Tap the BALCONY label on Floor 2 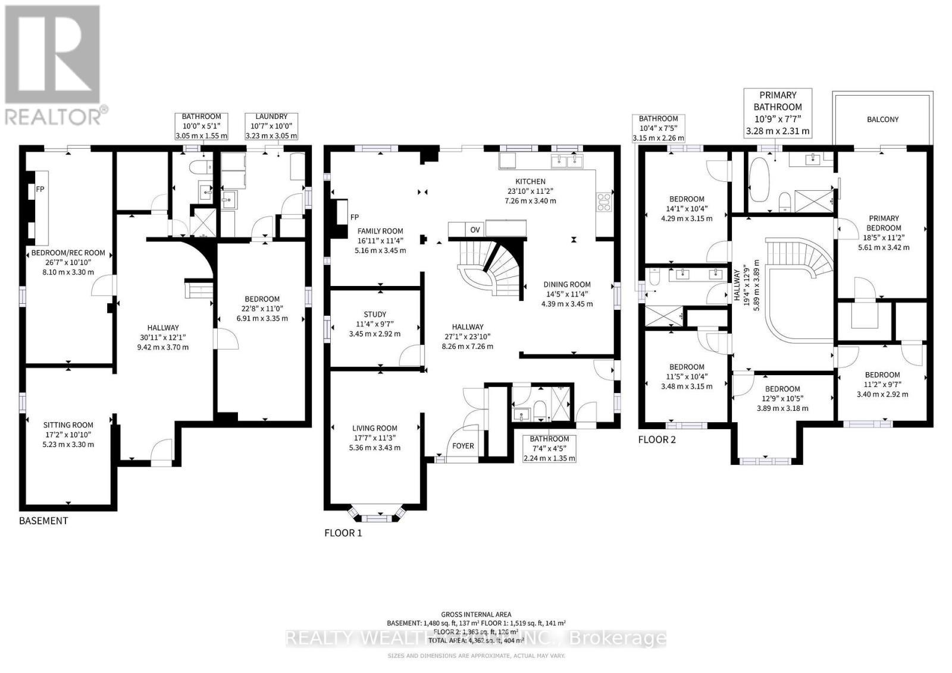[882, 119]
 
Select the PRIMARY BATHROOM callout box [777, 113]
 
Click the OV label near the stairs [475, 229]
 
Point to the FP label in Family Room [355, 217]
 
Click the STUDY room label [375, 315]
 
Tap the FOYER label [463, 446]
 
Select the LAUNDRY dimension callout [271, 126]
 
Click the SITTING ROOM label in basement [68, 425]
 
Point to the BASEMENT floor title [43, 521]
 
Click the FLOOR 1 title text [343, 533]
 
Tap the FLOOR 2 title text [657, 440]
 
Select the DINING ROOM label [566, 285]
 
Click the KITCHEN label [530, 182]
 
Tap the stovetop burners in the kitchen [603, 202]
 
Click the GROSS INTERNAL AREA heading [476, 615]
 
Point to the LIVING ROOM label [374, 428]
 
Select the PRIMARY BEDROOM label [883, 223]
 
